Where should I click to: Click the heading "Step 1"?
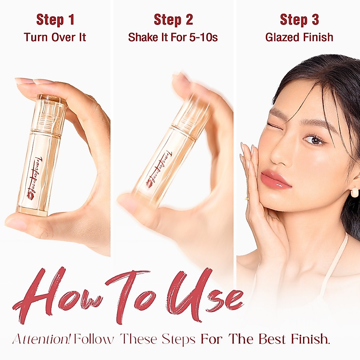click(x=55, y=20)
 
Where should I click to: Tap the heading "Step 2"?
click(x=173, y=20)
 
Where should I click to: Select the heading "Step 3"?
click(x=300, y=20)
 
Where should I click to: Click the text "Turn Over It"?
click(x=55, y=37)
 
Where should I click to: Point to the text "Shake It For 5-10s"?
click(x=173, y=37)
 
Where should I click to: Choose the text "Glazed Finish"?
click(x=300, y=37)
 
